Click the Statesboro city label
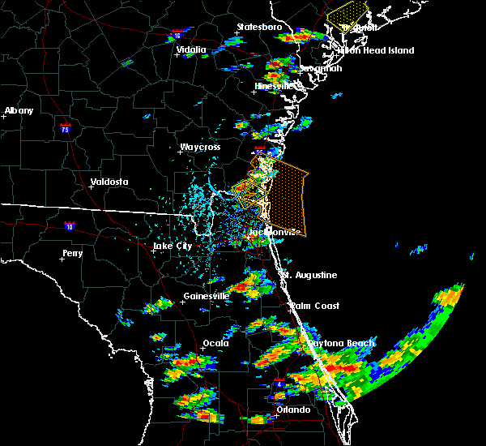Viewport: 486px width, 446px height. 259,27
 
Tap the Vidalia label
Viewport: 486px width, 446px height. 191,49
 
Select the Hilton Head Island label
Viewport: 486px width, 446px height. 376,50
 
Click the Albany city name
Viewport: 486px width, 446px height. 19,110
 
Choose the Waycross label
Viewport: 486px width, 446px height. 201,148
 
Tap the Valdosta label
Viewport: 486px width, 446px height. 109,182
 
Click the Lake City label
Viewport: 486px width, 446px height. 173,245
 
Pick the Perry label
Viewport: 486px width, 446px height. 72,253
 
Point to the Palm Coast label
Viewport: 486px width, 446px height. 316,306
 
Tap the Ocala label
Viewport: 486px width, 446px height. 215,343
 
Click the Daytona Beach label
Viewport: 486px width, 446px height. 340,343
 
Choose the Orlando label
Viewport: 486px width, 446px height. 293,410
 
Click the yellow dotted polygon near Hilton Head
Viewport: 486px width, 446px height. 346,11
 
